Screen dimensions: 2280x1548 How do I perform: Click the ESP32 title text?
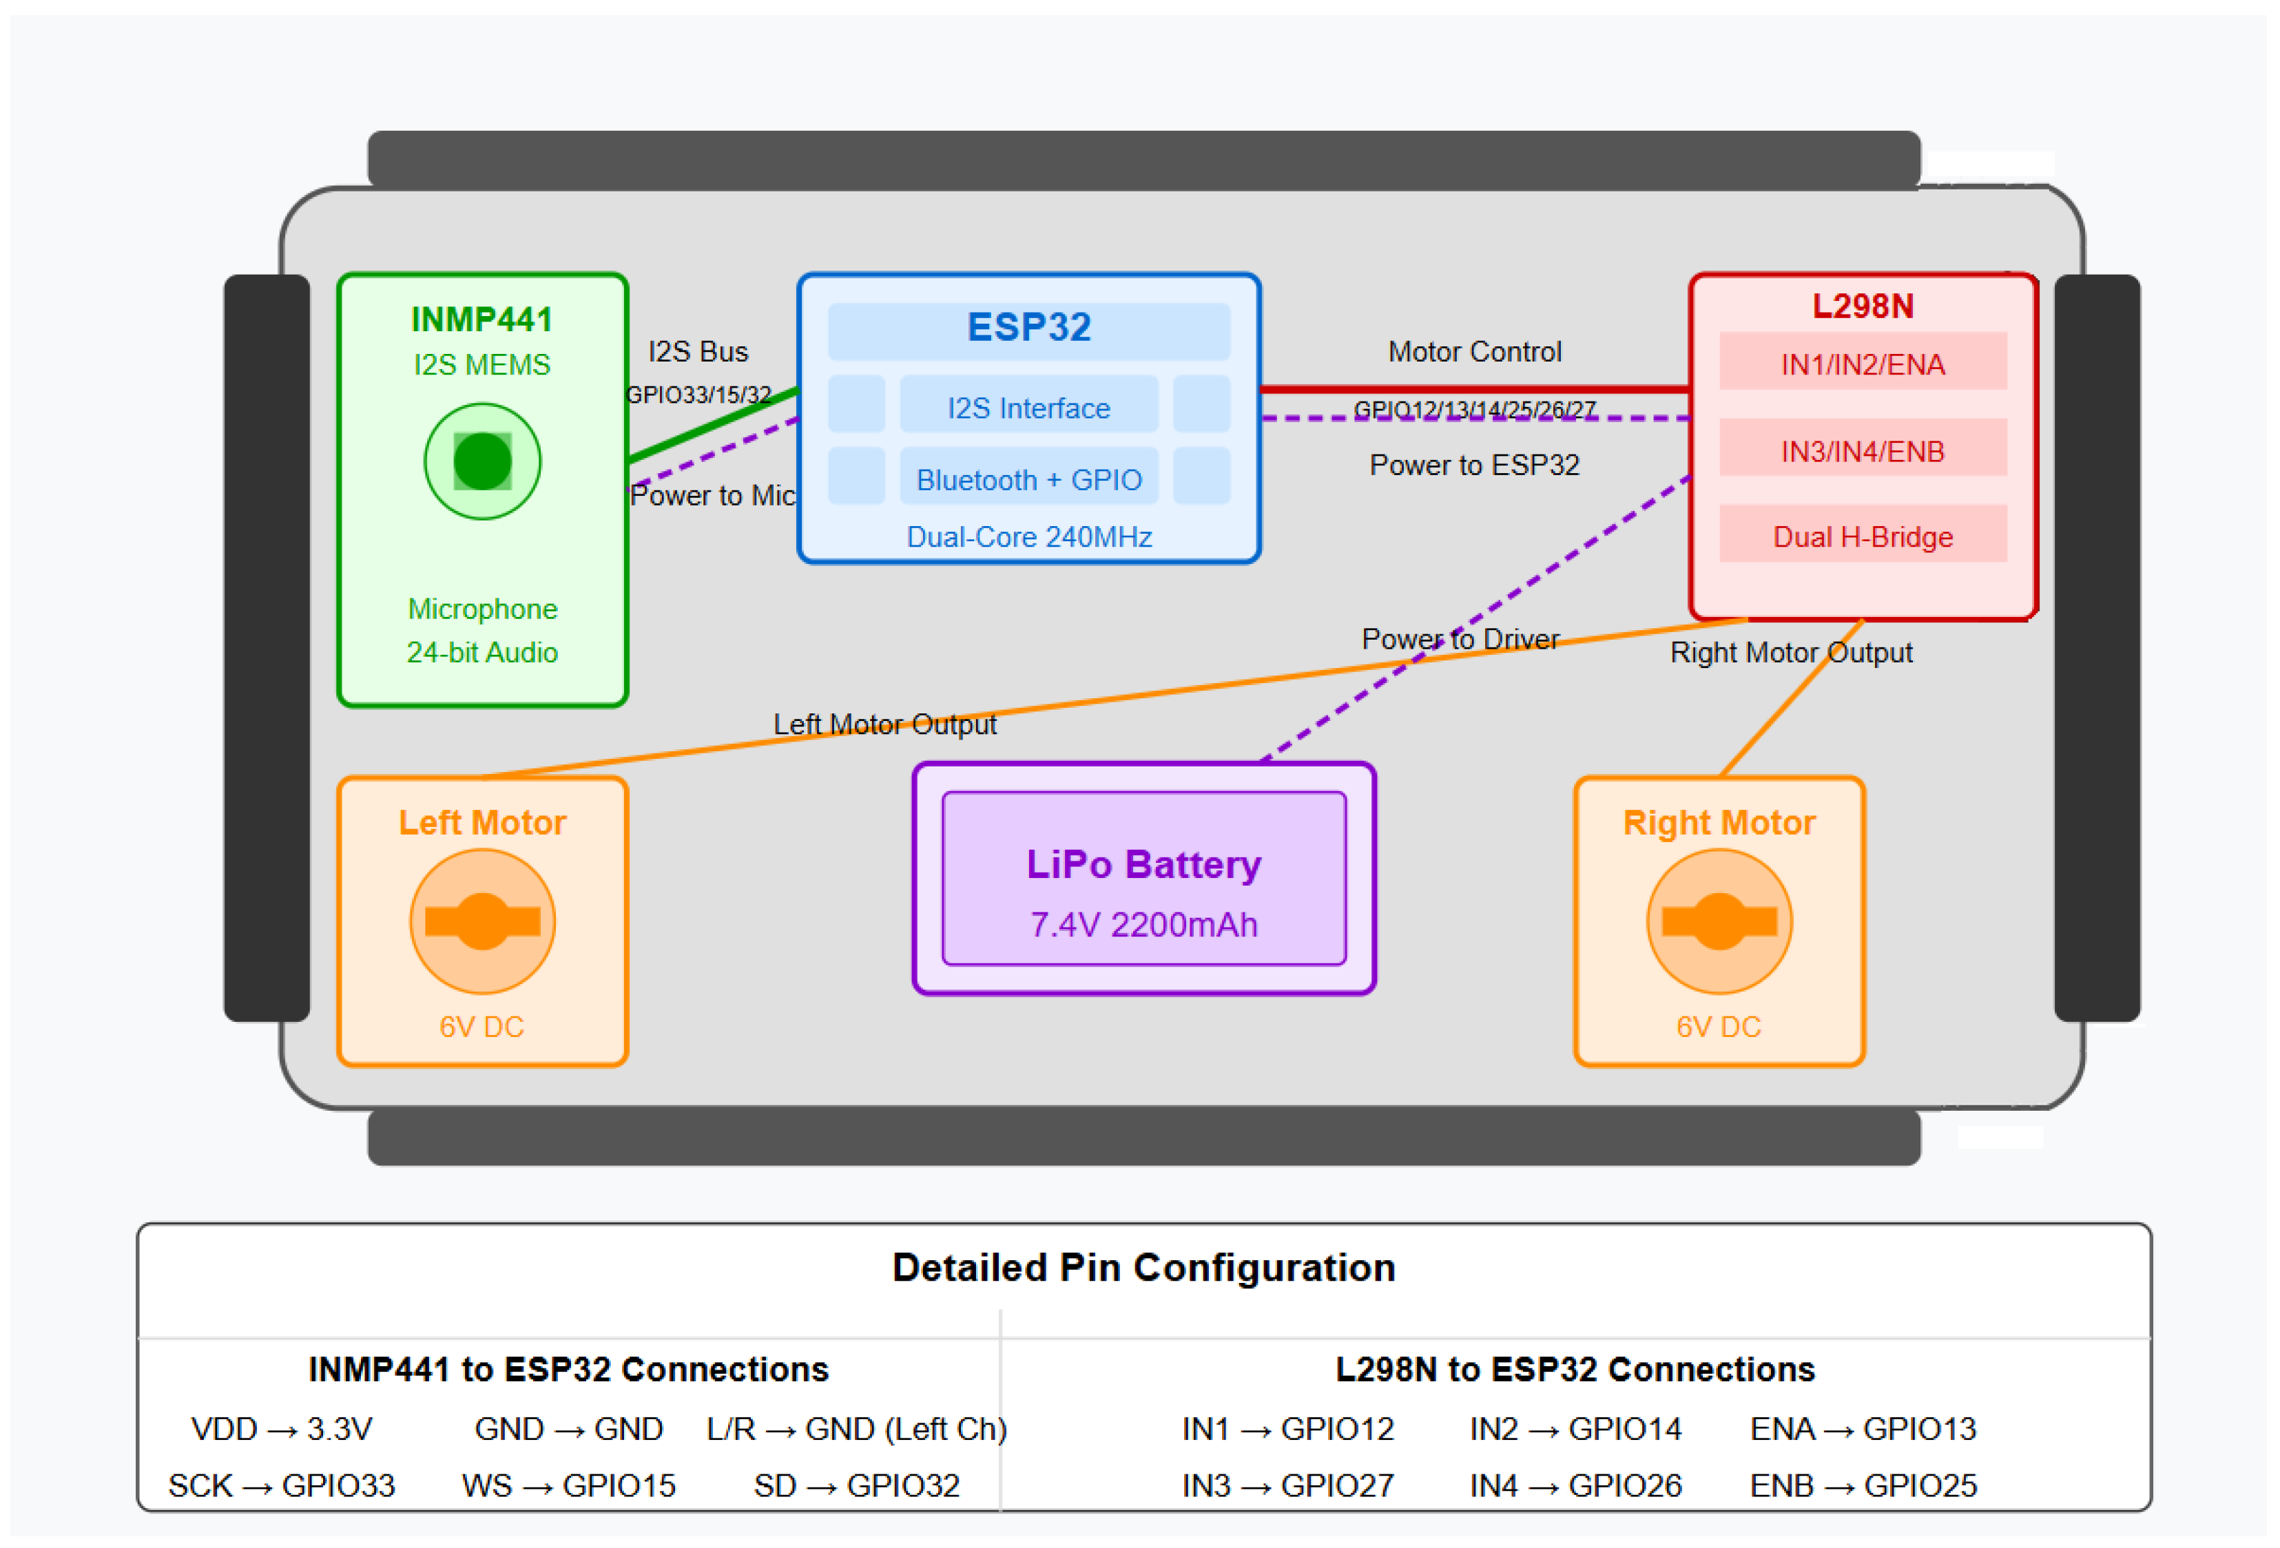pyautogui.click(x=1028, y=326)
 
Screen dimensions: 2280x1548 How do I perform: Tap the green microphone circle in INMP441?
pyautogui.click(x=481, y=461)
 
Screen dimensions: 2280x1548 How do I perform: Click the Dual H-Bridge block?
pyautogui.click(x=1862, y=536)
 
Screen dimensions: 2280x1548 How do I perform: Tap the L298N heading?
pyautogui.click(x=1862, y=306)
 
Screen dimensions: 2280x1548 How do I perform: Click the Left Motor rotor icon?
pyautogui.click(x=481, y=921)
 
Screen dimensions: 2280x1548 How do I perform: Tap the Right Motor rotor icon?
pyautogui.click(x=1718, y=921)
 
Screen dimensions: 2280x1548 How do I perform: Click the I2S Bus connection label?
pyautogui.click(x=698, y=351)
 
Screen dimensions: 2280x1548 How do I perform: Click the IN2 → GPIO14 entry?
pyautogui.click(x=1575, y=1428)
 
